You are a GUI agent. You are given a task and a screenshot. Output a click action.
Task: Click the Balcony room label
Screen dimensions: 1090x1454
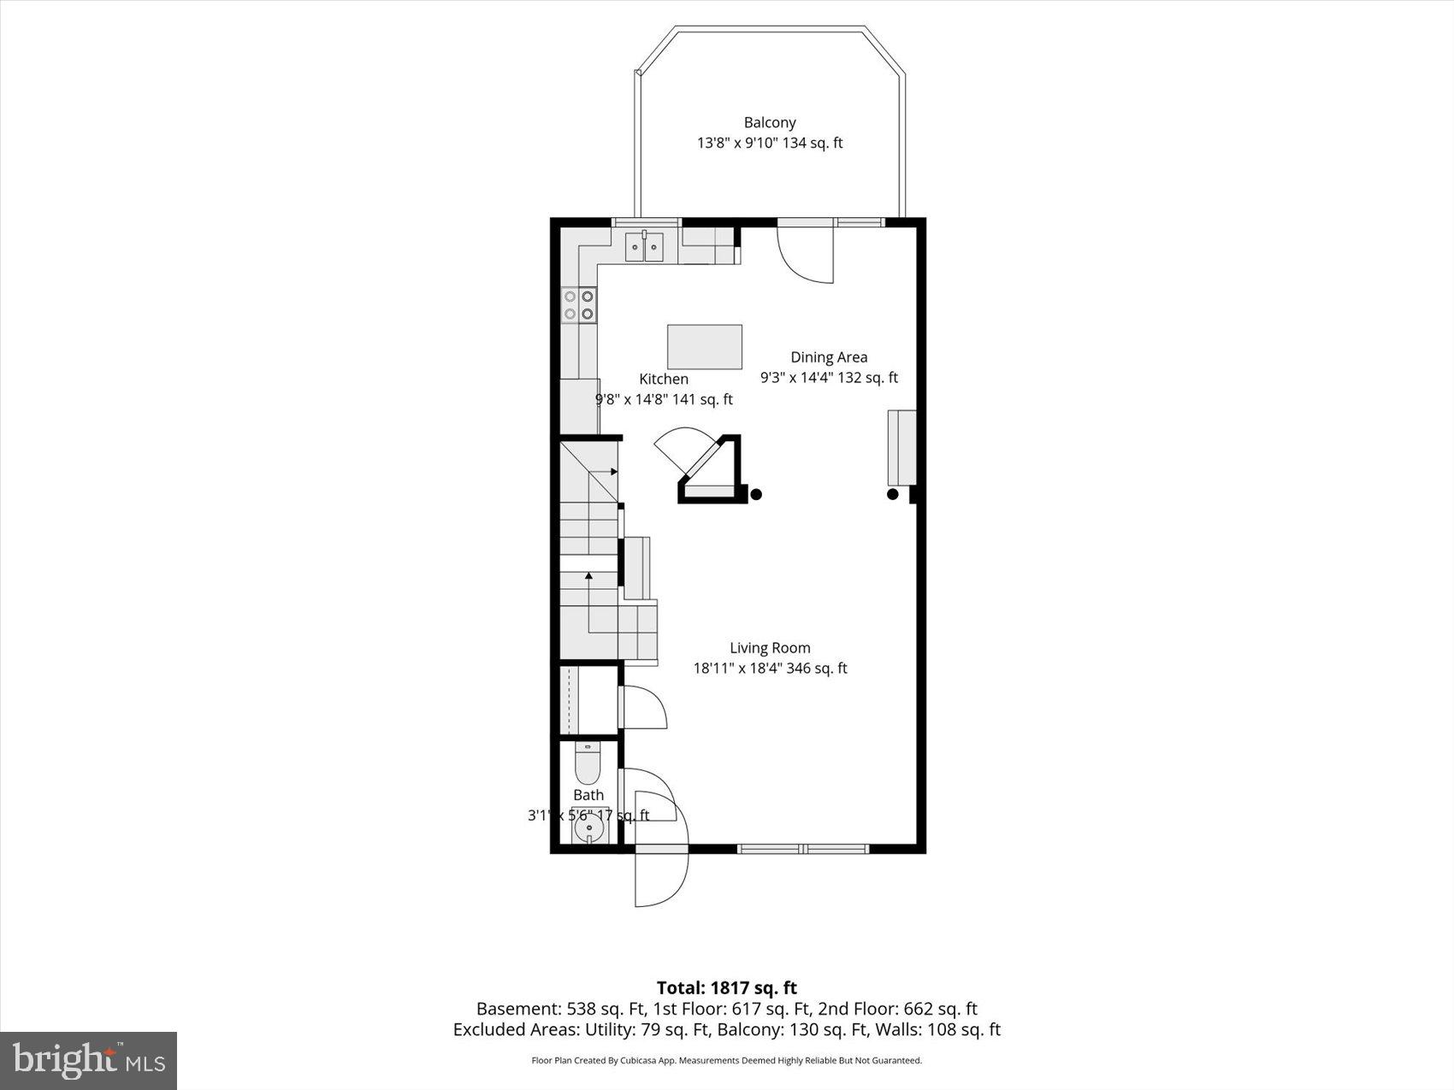click(x=770, y=123)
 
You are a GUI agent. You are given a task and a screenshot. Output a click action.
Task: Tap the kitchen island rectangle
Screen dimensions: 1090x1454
click(x=704, y=346)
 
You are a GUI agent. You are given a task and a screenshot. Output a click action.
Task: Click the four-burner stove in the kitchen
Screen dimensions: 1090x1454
click(x=579, y=305)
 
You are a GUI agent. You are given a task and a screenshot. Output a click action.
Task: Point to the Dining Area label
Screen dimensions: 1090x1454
click(x=828, y=357)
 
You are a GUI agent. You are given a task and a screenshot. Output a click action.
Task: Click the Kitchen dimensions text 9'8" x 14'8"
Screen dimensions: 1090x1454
click(x=663, y=399)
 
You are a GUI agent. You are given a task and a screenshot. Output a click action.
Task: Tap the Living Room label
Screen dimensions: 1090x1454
click(x=770, y=648)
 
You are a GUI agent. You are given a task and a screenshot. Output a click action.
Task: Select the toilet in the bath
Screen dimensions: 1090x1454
click(x=588, y=763)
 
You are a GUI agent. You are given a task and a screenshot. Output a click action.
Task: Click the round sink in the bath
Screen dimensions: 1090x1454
click(x=588, y=828)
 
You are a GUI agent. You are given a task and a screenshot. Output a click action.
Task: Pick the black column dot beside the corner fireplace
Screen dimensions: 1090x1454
click(x=756, y=494)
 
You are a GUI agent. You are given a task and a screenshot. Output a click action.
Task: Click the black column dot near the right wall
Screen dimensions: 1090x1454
click(x=893, y=494)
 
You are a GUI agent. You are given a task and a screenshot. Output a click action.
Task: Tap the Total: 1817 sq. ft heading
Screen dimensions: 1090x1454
click(x=726, y=988)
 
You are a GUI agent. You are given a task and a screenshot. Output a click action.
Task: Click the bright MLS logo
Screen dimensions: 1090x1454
click(x=89, y=1061)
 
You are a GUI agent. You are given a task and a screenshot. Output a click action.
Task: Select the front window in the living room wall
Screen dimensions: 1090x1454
click(x=803, y=849)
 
